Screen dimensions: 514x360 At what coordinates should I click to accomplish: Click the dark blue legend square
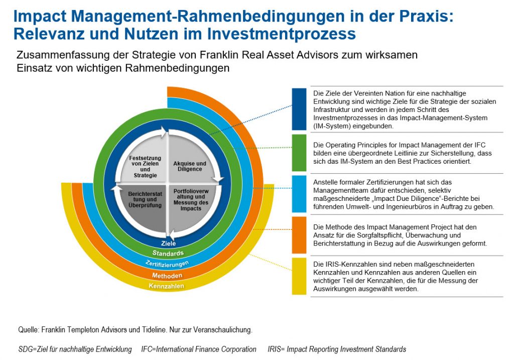point(299,109)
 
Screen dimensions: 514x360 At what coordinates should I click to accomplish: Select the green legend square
point(299,153)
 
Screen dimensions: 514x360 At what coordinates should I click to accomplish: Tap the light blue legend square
point(299,194)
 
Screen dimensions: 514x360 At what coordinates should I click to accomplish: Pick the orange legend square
point(299,235)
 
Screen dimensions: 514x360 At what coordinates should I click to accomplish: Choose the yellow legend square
point(299,276)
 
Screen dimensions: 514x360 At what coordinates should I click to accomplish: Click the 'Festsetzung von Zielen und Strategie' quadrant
point(144,161)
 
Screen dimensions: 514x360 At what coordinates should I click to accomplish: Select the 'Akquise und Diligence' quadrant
point(191,161)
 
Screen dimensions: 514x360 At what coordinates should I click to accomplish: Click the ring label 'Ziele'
point(169,244)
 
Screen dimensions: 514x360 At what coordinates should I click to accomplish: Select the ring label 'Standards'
point(168,253)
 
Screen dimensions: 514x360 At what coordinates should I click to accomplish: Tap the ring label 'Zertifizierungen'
point(167,264)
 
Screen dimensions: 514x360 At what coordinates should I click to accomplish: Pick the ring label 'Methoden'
point(167,276)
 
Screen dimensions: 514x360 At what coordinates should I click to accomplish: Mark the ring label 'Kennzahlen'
point(167,286)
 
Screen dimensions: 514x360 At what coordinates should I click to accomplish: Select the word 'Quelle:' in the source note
point(29,329)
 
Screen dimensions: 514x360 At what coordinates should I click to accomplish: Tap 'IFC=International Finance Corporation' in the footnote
point(199,349)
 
